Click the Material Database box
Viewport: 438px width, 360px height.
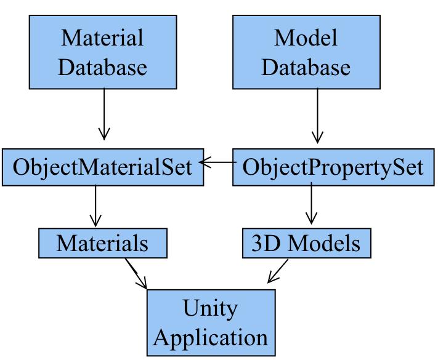coord(102,52)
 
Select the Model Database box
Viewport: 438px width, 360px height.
coord(306,52)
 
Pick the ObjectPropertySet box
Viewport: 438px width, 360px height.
coord(333,166)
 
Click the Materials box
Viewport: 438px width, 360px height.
coord(102,243)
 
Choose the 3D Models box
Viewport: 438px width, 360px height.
coord(306,243)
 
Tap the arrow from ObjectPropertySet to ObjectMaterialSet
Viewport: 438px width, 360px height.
coord(219,163)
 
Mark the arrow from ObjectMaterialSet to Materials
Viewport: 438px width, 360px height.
coord(95,206)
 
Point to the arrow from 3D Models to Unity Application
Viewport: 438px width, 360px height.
coord(278,271)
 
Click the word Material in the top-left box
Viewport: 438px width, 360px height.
coord(102,38)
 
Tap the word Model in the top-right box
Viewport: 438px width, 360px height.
coord(306,38)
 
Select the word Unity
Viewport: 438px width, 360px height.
coord(210,308)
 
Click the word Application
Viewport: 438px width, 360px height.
coord(210,337)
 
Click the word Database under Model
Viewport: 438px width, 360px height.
coord(306,66)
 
